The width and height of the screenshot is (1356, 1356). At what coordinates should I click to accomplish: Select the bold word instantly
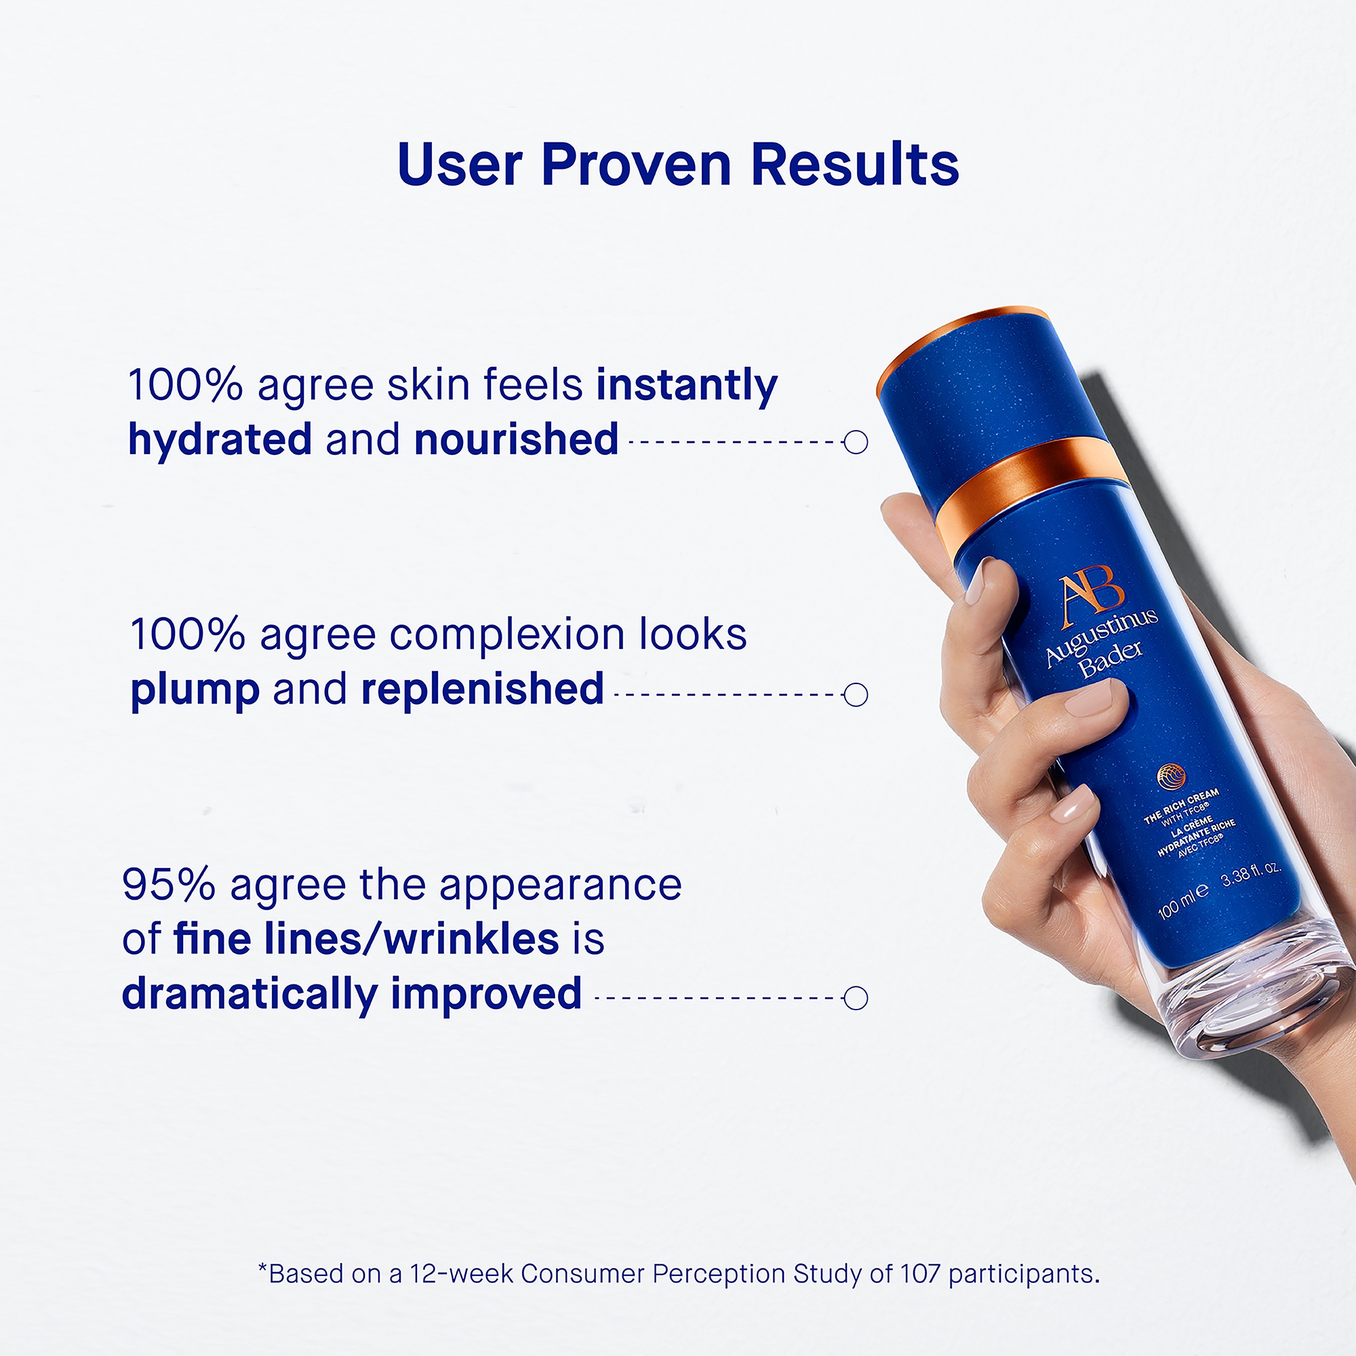click(x=687, y=386)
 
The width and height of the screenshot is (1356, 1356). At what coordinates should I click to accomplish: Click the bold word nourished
click(x=517, y=439)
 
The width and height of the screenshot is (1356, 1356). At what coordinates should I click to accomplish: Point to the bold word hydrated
click(x=220, y=441)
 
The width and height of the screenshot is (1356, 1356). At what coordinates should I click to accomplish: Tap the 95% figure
click(x=168, y=884)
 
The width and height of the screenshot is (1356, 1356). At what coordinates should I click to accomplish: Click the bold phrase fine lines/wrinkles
click(x=366, y=939)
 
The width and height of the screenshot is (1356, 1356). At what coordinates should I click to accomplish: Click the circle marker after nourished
click(x=856, y=442)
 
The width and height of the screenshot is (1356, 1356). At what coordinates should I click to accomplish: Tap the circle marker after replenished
click(x=856, y=695)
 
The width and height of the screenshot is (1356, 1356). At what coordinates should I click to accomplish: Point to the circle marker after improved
click(x=856, y=998)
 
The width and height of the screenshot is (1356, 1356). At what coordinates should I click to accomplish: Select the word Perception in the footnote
click(x=719, y=1275)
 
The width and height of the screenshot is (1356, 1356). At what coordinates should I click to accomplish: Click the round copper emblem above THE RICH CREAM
click(x=1172, y=776)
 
